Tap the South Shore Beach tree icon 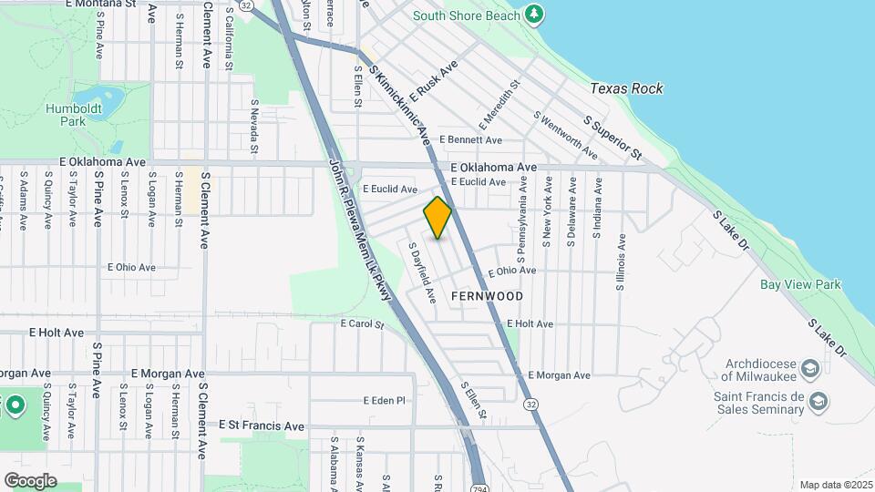534,15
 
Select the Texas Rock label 626,88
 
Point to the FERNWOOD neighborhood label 488,296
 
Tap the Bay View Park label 800,284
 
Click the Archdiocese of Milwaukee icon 812,369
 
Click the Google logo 30,481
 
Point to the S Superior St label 613,135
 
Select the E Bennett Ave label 470,140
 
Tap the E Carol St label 363,323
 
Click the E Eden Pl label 383,400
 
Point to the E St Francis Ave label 262,425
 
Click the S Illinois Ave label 620,262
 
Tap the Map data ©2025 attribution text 835,485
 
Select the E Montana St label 101,5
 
